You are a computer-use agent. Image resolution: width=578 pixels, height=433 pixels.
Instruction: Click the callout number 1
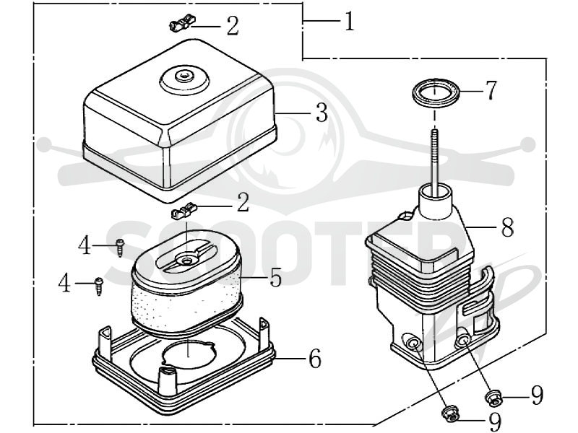click(349, 22)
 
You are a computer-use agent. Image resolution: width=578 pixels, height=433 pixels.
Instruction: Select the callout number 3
click(322, 113)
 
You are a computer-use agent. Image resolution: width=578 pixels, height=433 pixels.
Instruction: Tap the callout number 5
click(276, 277)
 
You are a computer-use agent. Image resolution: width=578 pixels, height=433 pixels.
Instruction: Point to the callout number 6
click(314, 358)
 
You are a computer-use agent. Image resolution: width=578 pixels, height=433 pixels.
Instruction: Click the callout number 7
click(491, 90)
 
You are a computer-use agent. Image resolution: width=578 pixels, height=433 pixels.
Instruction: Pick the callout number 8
click(508, 227)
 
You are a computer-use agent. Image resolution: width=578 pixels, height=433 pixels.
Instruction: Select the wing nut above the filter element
click(184, 211)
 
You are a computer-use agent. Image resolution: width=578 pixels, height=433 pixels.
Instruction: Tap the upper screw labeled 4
click(120, 248)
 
